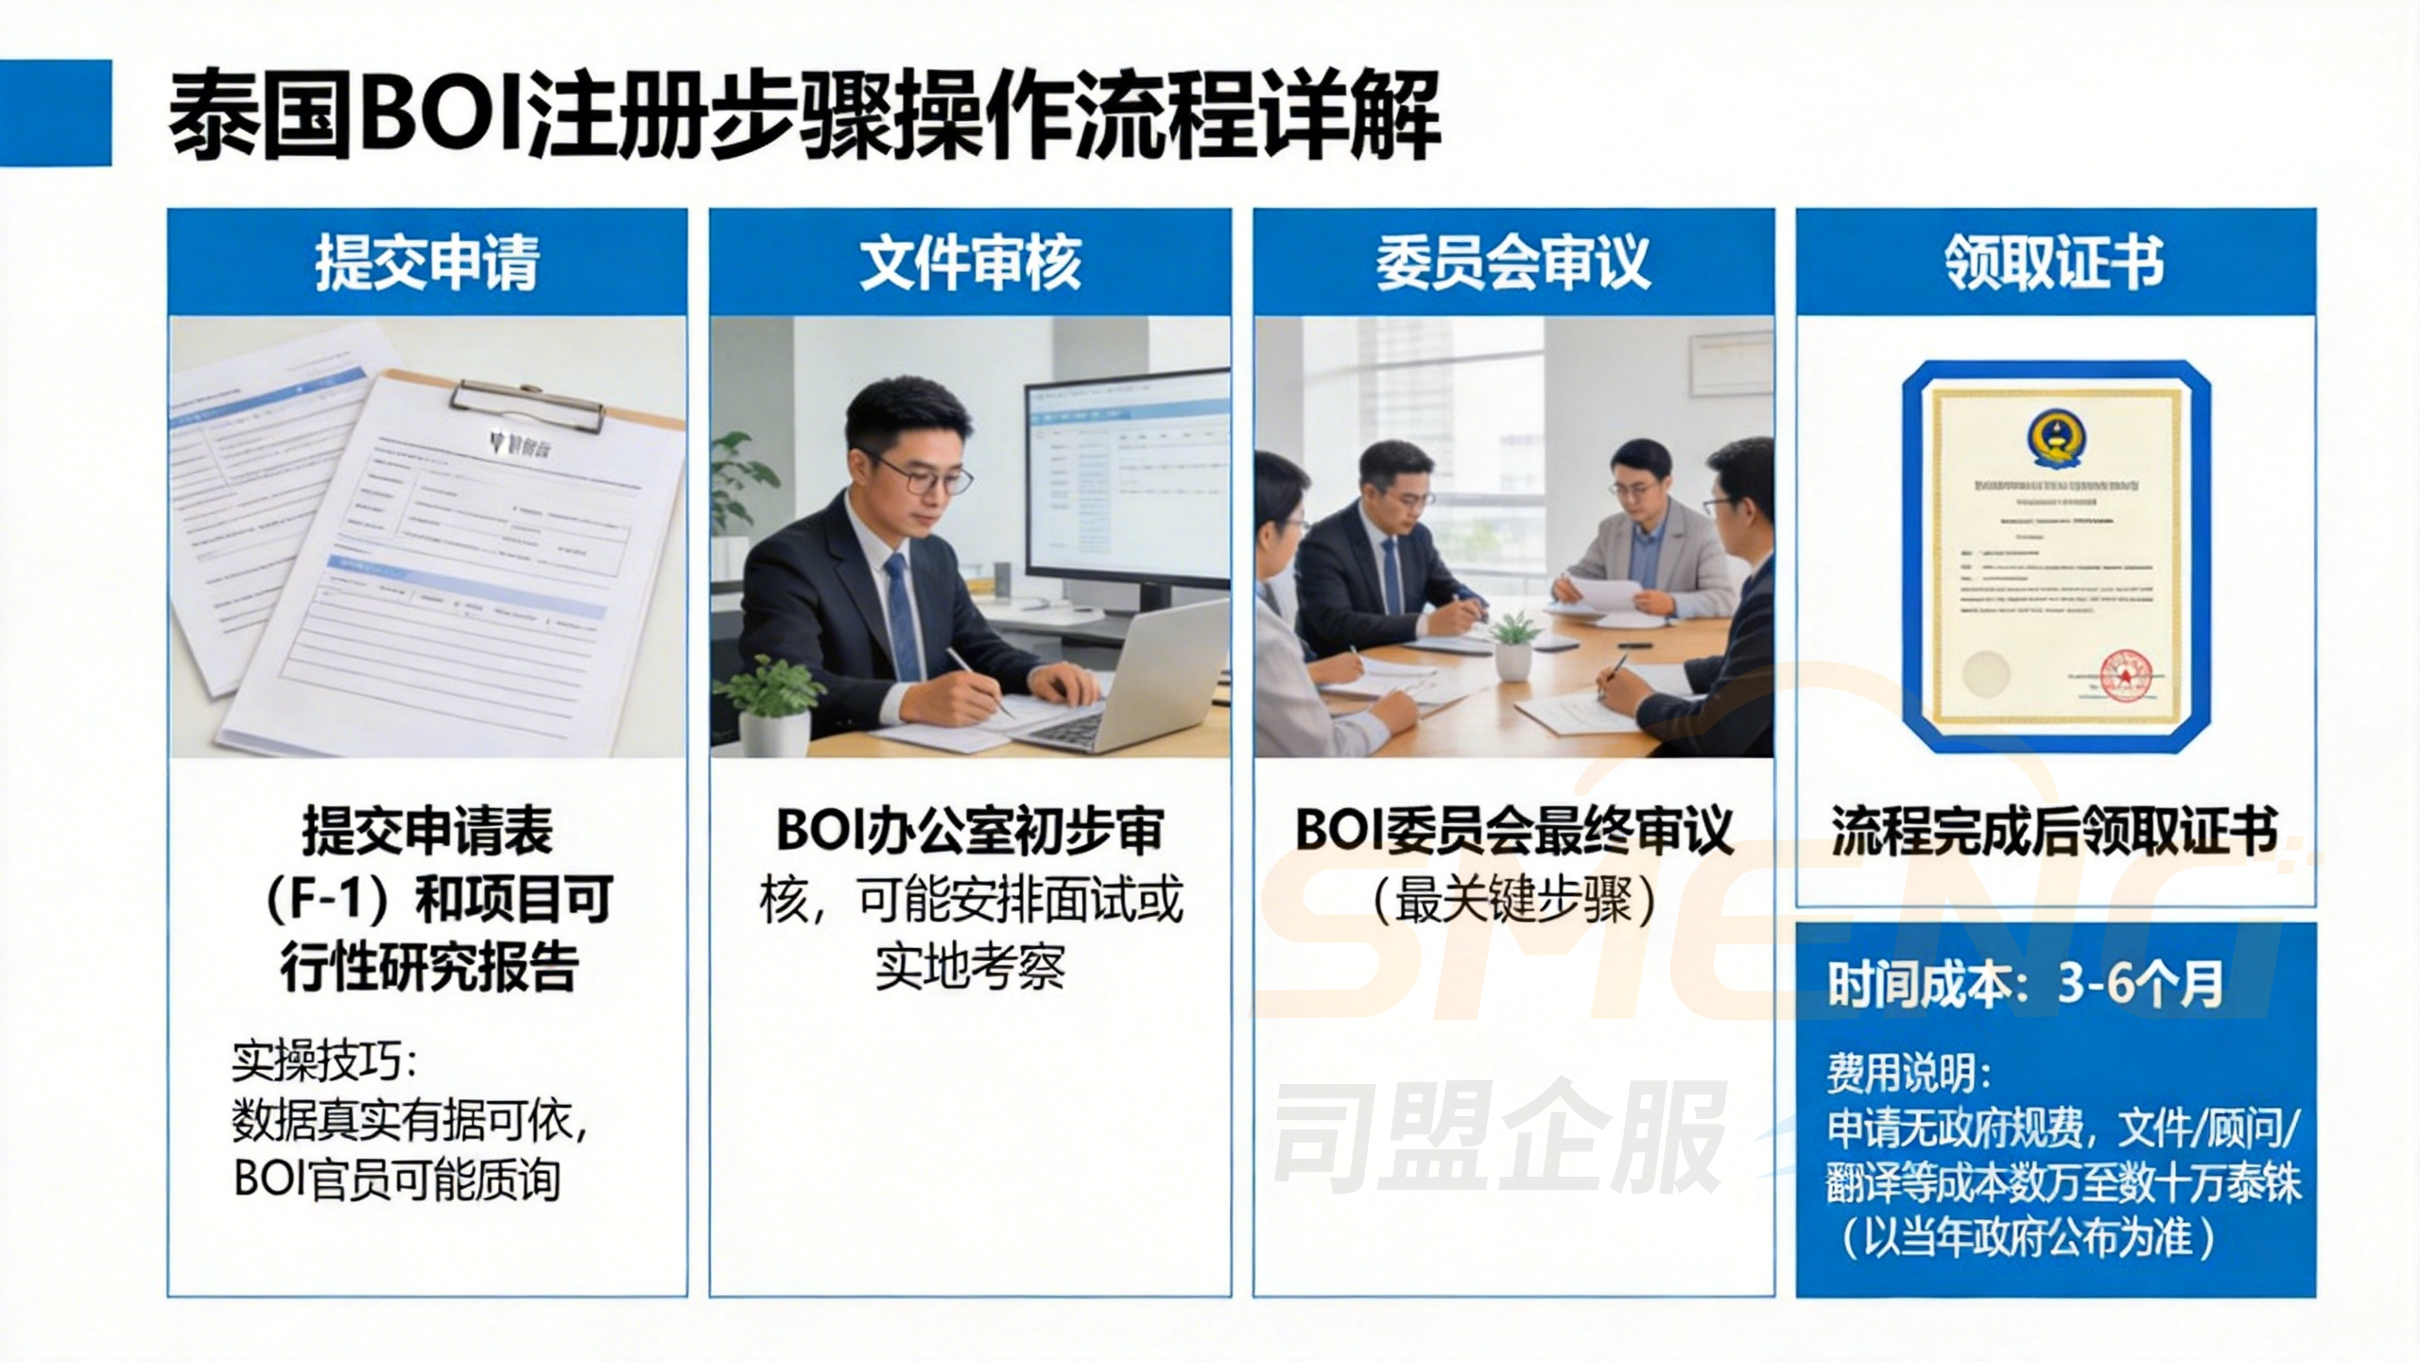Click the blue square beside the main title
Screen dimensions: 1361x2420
coord(55,112)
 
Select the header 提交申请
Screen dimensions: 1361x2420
coord(427,262)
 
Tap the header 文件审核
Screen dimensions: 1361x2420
coord(970,262)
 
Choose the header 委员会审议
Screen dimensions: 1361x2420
coord(1512,262)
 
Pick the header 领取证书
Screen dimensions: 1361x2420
coord(2054,262)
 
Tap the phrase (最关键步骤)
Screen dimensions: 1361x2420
coord(1512,899)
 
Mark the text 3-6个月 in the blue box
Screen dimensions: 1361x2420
coord(2140,985)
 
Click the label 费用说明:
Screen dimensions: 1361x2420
coord(1909,1073)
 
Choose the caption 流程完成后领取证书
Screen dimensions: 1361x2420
coord(2054,832)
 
